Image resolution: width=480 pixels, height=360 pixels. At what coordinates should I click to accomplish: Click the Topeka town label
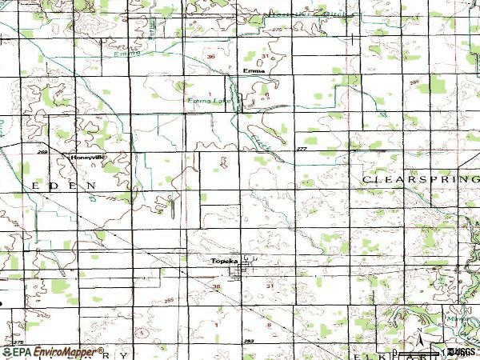(221, 262)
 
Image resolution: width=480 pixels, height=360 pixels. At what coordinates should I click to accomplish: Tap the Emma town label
(254, 70)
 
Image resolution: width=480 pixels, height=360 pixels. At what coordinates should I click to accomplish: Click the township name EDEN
(64, 185)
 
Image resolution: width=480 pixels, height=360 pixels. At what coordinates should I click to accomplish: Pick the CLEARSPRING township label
(420, 180)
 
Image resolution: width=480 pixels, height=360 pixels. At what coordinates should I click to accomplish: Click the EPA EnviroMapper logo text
(53, 351)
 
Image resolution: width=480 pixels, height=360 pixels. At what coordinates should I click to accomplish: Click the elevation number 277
(301, 150)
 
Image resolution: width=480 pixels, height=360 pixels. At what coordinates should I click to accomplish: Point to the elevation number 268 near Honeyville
(42, 151)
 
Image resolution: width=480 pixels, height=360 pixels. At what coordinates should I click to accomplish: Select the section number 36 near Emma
(211, 57)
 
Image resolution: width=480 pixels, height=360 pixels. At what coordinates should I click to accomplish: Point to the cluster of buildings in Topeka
(240, 272)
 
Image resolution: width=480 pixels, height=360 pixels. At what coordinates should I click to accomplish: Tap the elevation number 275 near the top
(278, 30)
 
